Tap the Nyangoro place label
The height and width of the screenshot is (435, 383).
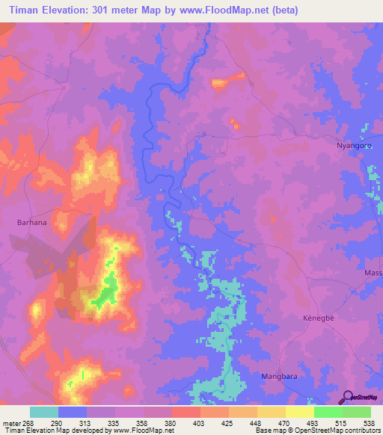pos(352,146)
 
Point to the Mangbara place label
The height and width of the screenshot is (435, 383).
pos(279,377)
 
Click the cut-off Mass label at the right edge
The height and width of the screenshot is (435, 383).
pos(373,273)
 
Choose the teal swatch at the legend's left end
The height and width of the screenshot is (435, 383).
pos(44,412)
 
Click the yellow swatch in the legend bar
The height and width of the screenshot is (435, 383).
pos(299,412)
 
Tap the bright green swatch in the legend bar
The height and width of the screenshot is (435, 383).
pos(328,412)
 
